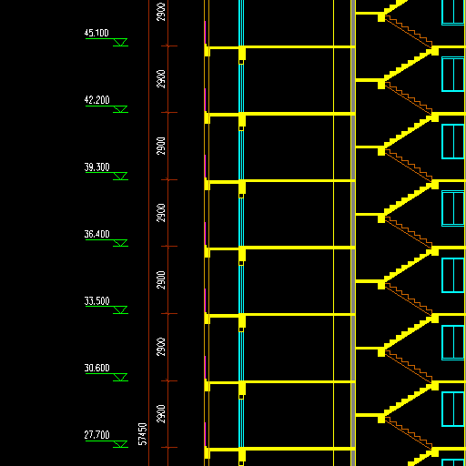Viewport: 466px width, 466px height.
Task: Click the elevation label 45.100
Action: [x=96, y=33]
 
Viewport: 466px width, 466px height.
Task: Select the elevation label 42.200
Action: [x=96, y=100]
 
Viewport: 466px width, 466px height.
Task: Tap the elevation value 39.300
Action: [x=96, y=167]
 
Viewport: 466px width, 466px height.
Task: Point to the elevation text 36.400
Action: [x=96, y=234]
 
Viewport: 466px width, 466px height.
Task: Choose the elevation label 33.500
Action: [x=96, y=301]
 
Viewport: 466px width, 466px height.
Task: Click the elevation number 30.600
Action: [x=96, y=368]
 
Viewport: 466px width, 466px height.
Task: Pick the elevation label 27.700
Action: [x=96, y=435]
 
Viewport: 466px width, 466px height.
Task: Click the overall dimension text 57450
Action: [x=142, y=434]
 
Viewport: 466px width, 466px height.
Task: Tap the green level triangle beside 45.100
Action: [x=120, y=42]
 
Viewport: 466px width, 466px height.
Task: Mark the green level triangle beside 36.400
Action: [x=120, y=243]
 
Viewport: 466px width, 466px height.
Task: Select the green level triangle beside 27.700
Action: [x=120, y=444]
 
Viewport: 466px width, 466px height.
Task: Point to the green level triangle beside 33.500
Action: [x=120, y=310]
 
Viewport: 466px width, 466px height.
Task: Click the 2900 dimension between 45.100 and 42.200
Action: [x=161, y=79]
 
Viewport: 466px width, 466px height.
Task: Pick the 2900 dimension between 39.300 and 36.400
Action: [x=161, y=213]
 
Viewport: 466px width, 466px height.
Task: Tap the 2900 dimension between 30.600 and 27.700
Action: [x=161, y=414]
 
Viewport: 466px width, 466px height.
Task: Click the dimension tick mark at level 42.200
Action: [x=168, y=113]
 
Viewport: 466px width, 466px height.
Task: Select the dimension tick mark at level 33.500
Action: [x=168, y=313]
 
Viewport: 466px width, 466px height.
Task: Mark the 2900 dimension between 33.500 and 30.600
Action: [x=161, y=347]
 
